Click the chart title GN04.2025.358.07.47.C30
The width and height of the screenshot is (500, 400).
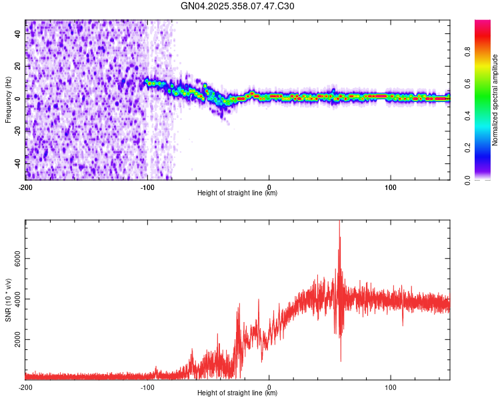pos(237,7)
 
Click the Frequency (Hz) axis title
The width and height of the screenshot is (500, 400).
pos(8,99)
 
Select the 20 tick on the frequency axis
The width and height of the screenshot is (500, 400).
pos(18,66)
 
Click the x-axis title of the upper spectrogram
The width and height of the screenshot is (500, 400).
pos(237,193)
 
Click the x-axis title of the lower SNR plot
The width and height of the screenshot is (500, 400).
pos(237,393)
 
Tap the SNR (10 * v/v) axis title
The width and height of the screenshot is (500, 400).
pos(8,299)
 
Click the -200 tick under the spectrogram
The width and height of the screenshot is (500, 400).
pos(25,187)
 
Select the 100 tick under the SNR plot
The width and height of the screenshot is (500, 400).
pos(390,387)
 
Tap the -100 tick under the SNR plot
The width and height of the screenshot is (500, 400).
pos(147,387)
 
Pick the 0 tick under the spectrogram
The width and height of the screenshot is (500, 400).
pos(269,187)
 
